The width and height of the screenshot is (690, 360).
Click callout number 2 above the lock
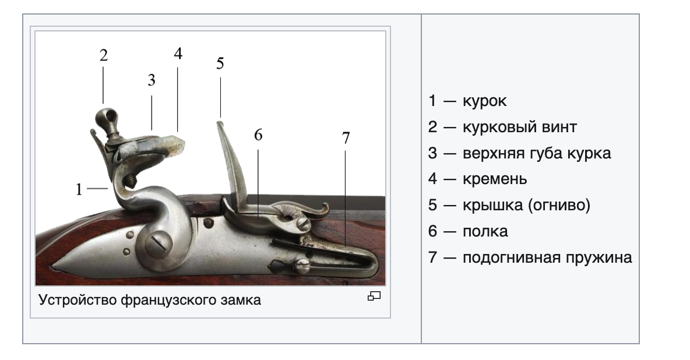click(103, 55)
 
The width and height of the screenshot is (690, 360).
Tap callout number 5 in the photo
click(220, 63)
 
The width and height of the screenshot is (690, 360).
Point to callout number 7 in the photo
click(346, 137)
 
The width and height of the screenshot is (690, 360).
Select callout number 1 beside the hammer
click(79, 189)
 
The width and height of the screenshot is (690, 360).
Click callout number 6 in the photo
click(258, 135)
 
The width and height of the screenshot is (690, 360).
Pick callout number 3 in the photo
click(152, 80)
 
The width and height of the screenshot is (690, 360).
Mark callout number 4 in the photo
click(178, 54)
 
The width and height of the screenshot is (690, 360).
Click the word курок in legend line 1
click(484, 101)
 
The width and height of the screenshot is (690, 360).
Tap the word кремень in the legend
click(495, 179)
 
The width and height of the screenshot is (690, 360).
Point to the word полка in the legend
click(485, 231)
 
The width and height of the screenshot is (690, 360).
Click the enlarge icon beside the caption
click(374, 296)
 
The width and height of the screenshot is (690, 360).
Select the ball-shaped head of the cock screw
click(107, 117)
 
